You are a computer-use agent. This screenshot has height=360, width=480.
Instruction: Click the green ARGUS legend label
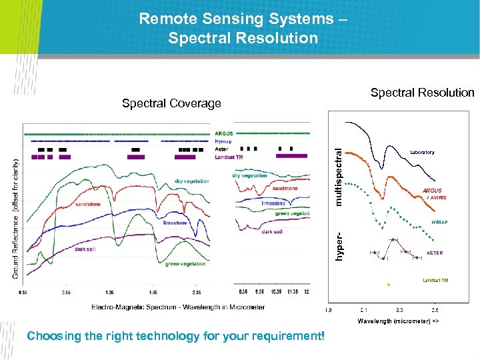223,134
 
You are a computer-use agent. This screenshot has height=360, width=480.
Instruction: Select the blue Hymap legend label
223,141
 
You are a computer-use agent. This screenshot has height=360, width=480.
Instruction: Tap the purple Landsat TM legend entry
229,157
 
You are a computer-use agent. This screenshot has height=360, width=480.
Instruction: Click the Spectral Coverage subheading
171,103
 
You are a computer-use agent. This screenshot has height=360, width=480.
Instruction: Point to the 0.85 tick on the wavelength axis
67,292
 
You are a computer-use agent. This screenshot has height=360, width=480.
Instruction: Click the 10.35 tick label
274,292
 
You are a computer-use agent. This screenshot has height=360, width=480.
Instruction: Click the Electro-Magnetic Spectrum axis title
178,307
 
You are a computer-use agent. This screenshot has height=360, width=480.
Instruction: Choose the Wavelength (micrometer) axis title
398,321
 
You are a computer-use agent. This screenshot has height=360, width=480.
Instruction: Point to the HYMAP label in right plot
439,222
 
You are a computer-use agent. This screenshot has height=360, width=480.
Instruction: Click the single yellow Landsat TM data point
388,284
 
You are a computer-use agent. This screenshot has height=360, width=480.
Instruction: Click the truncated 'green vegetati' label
292,213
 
